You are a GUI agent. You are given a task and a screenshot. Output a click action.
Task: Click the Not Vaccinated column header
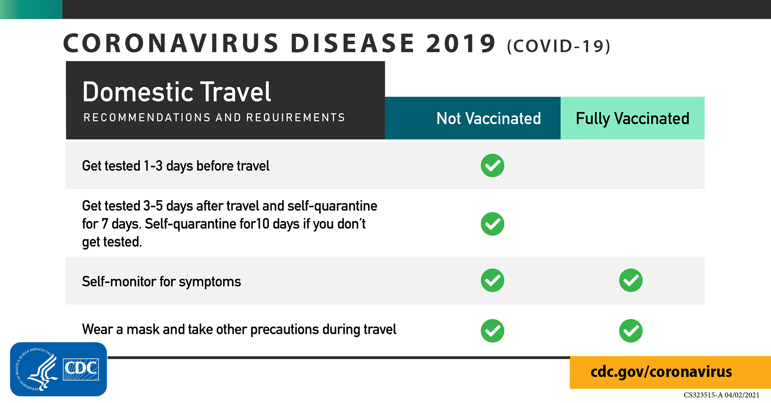[489, 118]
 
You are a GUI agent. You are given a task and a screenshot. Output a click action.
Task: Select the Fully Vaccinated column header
[633, 118]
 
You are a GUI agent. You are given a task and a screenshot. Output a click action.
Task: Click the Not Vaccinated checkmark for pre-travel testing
[493, 165]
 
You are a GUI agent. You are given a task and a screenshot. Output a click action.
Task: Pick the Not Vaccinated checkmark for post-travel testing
[493, 224]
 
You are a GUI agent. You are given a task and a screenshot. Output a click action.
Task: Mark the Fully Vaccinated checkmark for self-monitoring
[631, 280]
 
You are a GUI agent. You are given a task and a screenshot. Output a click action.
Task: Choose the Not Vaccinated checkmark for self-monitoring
[493, 280]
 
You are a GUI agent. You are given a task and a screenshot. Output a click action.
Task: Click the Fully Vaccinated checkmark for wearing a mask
[631, 331]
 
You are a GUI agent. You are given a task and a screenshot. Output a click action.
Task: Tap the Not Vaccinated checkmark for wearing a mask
[493, 331]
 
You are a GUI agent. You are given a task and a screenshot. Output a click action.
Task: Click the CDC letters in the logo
[81, 369]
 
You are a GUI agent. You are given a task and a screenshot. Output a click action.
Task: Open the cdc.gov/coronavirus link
[661, 372]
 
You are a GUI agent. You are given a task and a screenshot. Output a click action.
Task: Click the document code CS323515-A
[703, 395]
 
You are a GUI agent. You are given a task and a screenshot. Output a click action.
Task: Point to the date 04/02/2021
[742, 395]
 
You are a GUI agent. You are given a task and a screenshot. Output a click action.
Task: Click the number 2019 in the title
[461, 43]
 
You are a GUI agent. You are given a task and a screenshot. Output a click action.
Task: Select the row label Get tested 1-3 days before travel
[175, 166]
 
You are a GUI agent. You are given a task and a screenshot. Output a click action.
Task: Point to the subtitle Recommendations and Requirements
[214, 118]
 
